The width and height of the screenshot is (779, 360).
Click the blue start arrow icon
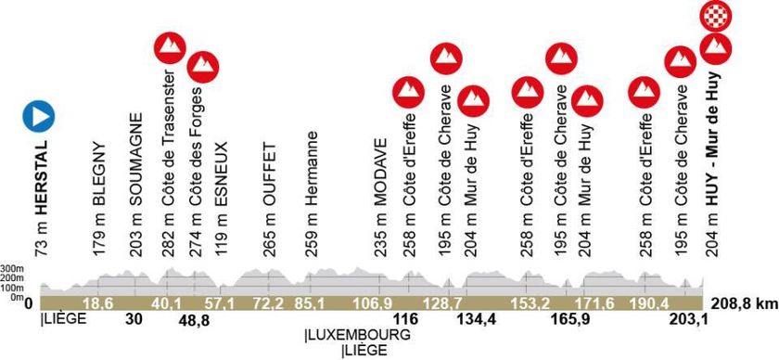click(39, 116)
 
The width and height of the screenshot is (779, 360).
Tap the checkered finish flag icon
click(715, 16)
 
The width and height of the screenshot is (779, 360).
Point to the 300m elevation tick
click(12, 267)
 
